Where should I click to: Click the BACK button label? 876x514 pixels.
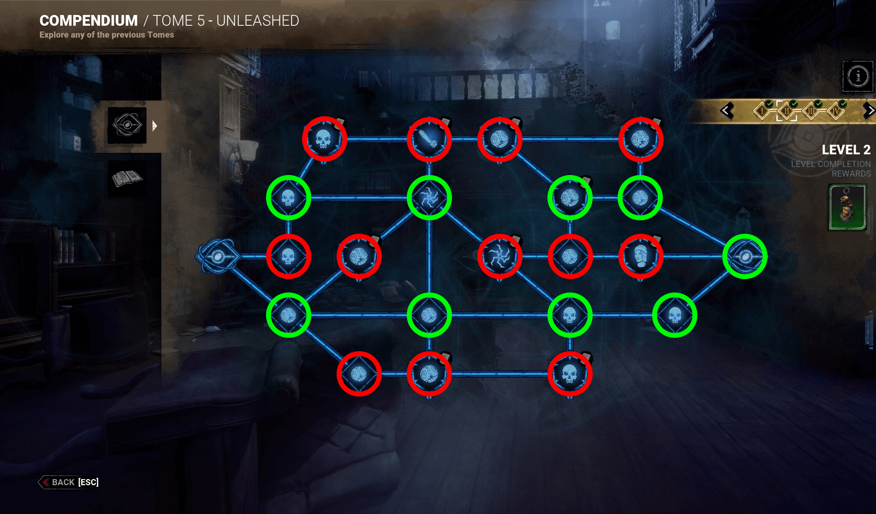(63, 482)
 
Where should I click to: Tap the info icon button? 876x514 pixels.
(858, 76)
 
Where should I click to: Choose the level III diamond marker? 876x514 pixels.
(811, 111)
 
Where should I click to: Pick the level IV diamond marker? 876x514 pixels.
(836, 111)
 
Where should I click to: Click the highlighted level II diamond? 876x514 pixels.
(787, 111)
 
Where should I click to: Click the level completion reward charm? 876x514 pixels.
(847, 207)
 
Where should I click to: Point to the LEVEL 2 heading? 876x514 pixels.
(846, 150)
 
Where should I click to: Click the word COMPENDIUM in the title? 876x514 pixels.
(89, 21)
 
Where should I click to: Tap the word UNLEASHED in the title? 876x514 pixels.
(258, 21)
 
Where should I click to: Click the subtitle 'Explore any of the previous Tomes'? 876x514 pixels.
(107, 35)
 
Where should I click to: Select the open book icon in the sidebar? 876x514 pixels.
(127, 178)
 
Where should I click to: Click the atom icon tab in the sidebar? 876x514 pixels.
(127, 125)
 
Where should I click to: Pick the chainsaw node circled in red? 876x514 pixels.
(429, 139)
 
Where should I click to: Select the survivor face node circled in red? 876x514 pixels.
(641, 256)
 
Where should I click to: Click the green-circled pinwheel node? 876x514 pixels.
(429, 198)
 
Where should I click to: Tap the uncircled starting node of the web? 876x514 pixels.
(217, 256)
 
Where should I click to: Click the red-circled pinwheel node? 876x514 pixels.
(500, 256)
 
